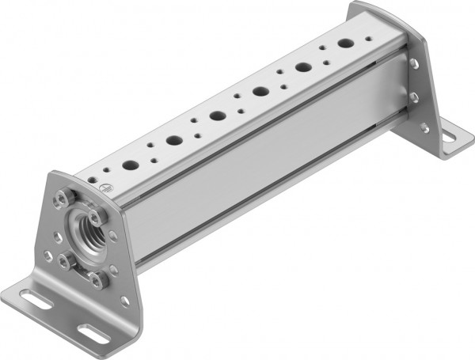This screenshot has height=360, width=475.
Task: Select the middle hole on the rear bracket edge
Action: point(415,97)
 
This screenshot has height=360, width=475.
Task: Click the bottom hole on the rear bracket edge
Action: point(424,126)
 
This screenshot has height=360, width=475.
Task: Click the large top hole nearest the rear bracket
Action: point(346,44)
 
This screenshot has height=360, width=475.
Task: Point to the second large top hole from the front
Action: point(174,141)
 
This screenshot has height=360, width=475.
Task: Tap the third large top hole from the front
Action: point(217,116)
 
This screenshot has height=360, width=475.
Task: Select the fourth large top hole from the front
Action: point(260,92)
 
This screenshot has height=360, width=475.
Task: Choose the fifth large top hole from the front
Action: point(303,68)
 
